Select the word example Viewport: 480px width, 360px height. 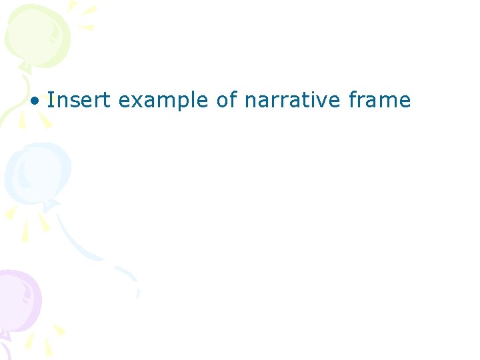[x=164, y=101]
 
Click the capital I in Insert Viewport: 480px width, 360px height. [x=50, y=101]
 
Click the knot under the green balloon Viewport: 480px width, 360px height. [x=25, y=67]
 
